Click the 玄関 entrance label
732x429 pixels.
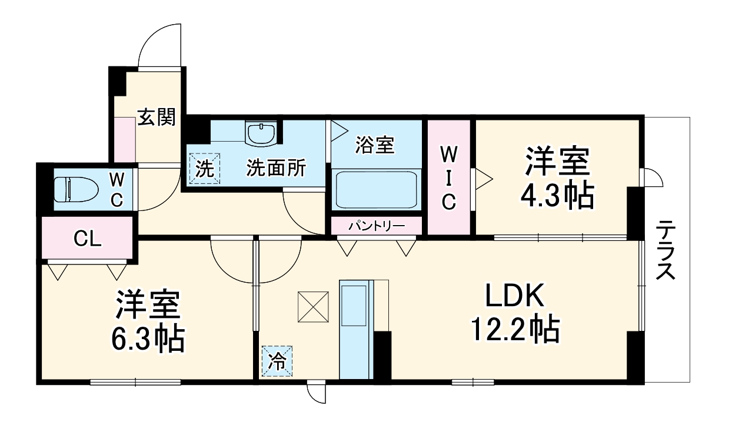tap(157, 118)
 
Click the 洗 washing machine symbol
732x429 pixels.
tap(204, 169)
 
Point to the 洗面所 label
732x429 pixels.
tap(276, 169)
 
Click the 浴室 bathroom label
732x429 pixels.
tap(375, 145)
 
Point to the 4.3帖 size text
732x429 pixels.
tap(556, 196)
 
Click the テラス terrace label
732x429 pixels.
tap(667, 250)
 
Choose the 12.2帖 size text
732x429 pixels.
tap(514, 330)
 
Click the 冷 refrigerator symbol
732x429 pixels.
tap(277, 360)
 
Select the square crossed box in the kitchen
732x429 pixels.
tap(314, 306)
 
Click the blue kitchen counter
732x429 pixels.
tap(356, 329)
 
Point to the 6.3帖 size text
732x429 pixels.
tap(148, 338)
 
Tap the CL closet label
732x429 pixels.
tap(88, 239)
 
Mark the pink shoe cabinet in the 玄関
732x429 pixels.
tap(124, 139)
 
